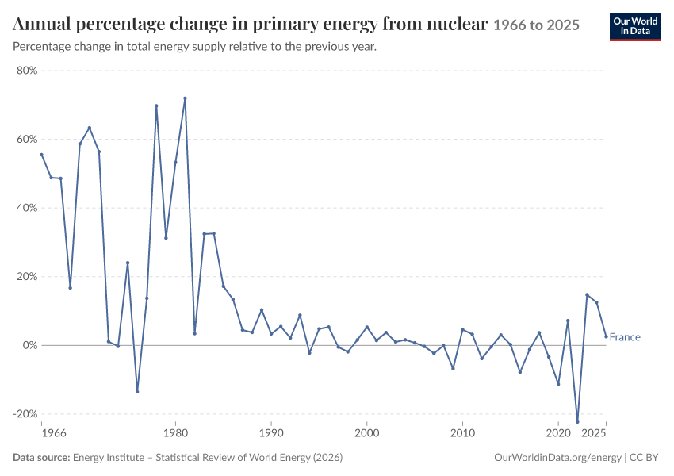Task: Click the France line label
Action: (x=625, y=337)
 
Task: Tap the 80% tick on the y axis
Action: (x=28, y=71)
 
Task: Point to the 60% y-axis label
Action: (x=28, y=140)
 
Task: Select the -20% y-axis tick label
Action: (x=25, y=413)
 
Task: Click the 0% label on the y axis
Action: (x=30, y=345)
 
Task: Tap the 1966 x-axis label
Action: (x=54, y=433)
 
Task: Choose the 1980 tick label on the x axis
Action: (x=175, y=433)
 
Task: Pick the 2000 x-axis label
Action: (x=366, y=433)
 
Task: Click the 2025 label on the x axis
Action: (x=594, y=433)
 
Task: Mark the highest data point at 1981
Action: (x=186, y=98)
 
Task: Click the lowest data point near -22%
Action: (x=577, y=422)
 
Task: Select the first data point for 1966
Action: (x=42, y=155)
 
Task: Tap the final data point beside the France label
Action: (x=606, y=336)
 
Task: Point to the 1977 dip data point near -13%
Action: (x=137, y=392)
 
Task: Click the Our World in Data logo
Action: (x=635, y=27)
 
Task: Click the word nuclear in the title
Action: (x=458, y=24)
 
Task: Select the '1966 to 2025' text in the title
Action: (x=537, y=25)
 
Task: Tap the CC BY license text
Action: (x=644, y=458)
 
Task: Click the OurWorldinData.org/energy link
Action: (x=558, y=458)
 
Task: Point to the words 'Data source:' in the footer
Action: (x=41, y=458)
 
